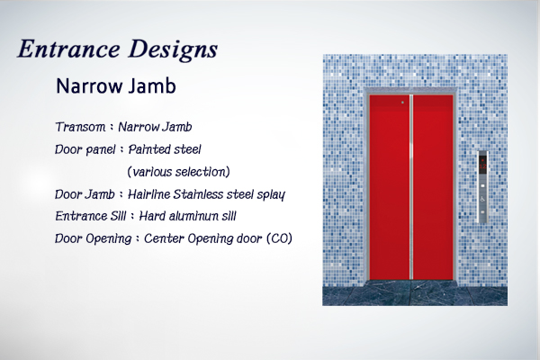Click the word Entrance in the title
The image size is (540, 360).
[69, 49]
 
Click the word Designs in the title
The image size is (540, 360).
[173, 49]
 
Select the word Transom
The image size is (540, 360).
[80, 127]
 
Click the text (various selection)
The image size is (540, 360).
[178, 172]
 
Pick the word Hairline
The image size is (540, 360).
[148, 194]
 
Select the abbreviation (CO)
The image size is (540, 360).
[279, 238]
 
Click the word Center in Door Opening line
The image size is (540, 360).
[164, 238]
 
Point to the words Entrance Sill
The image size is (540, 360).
[91, 216]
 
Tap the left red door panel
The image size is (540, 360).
[389, 187]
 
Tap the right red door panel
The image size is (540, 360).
[433, 187]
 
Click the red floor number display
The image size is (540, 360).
[482, 166]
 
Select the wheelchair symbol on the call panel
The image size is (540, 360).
[482, 199]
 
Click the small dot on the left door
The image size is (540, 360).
[402, 103]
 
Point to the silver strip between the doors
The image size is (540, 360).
[411, 187]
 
